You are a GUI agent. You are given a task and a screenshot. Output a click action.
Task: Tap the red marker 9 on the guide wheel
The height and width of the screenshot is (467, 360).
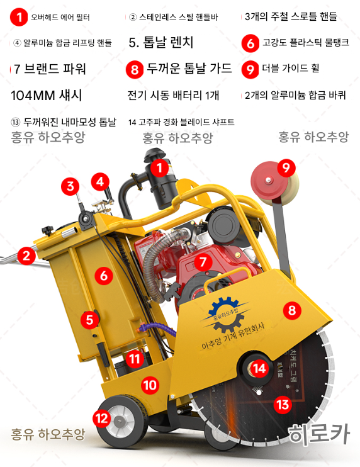(286, 167)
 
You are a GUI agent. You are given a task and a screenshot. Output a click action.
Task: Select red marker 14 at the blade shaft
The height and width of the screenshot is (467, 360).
(260, 368)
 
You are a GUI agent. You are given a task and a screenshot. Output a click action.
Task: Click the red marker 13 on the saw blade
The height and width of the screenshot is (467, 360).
(283, 403)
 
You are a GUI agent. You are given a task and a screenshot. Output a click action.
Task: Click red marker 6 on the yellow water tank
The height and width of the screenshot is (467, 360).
(104, 275)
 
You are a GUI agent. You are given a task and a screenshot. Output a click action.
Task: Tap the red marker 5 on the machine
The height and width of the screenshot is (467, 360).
(89, 319)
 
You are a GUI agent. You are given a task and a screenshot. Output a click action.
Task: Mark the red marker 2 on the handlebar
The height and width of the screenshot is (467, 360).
(26, 255)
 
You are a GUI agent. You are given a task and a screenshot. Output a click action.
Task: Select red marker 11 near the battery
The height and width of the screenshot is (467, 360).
(133, 359)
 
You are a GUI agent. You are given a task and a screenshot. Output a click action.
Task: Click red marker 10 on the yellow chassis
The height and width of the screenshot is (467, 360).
(149, 384)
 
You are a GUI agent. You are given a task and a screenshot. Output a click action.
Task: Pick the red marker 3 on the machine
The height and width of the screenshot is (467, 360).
(70, 186)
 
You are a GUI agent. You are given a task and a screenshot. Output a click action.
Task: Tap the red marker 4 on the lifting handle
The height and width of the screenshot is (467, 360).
(99, 182)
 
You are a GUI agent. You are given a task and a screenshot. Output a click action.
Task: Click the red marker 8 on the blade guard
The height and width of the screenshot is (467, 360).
(291, 310)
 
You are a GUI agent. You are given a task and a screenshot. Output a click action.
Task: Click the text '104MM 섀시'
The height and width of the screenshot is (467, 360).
(47, 96)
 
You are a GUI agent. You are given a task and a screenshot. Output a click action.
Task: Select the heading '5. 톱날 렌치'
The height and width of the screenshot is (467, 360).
(160, 43)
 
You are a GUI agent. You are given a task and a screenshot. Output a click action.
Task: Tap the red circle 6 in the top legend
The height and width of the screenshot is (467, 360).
(251, 43)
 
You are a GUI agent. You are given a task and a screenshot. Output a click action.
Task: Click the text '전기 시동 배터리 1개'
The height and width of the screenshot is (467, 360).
(173, 96)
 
